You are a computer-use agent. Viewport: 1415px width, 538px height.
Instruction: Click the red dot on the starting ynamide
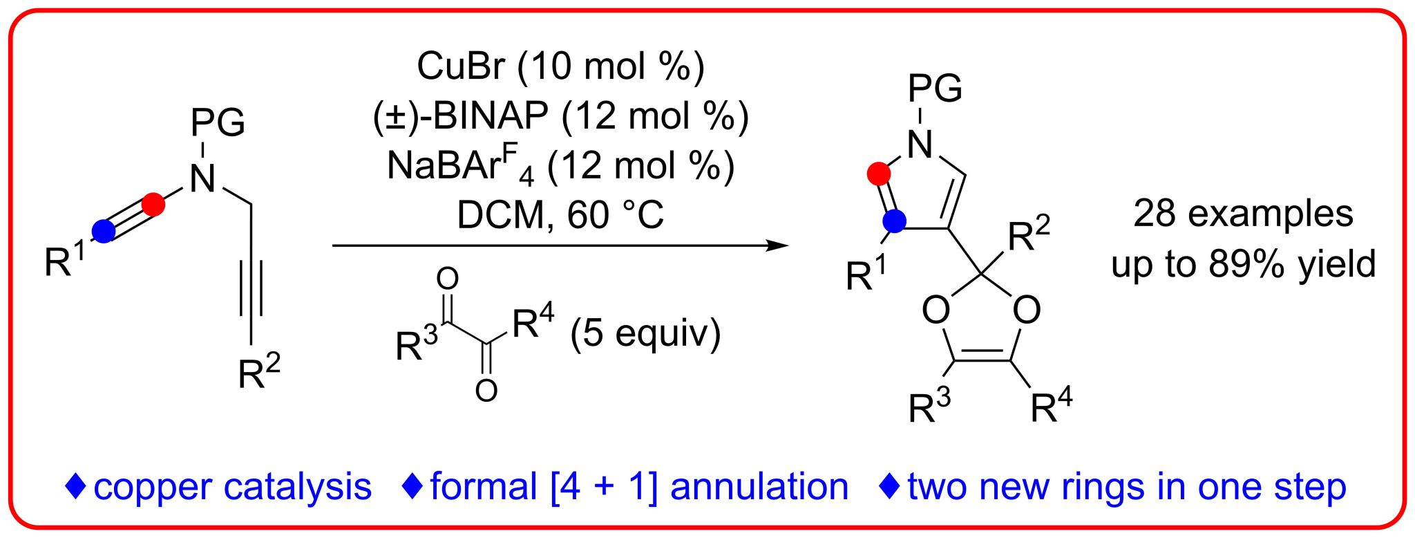pyautogui.click(x=153, y=205)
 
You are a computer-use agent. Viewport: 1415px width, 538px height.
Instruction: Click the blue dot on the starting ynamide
pyautogui.click(x=104, y=231)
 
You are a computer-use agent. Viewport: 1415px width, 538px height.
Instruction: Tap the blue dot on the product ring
pyautogui.click(x=895, y=221)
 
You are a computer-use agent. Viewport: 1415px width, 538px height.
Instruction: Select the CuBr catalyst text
pyautogui.click(x=462, y=66)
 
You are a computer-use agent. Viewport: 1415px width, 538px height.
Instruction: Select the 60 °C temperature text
pyautogui.click(x=615, y=215)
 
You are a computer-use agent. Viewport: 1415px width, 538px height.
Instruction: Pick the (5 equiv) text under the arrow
pyautogui.click(x=645, y=333)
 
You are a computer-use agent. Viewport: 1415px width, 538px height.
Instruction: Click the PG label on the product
pyautogui.click(x=935, y=89)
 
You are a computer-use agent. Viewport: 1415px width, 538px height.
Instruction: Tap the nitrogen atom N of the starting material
pyautogui.click(x=202, y=178)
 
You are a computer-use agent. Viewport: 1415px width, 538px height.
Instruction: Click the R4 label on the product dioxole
pyautogui.click(x=1051, y=405)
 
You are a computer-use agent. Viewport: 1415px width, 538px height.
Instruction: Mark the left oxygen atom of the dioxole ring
pyautogui.click(x=936, y=310)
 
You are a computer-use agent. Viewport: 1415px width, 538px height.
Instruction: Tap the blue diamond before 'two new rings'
pyautogui.click(x=890, y=486)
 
